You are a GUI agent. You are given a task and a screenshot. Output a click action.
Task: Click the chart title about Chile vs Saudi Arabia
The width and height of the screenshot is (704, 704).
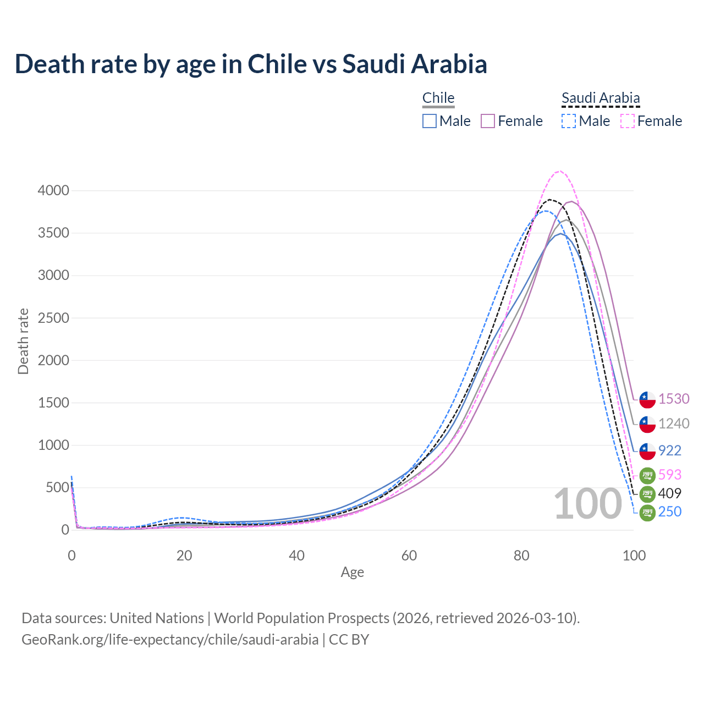click(x=251, y=64)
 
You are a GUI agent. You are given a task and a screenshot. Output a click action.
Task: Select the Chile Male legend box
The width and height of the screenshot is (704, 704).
click(x=430, y=121)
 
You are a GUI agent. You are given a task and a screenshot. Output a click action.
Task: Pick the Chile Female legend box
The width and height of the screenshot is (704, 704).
click(x=488, y=121)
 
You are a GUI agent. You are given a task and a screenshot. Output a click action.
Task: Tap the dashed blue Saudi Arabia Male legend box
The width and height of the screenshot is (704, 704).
click(x=569, y=121)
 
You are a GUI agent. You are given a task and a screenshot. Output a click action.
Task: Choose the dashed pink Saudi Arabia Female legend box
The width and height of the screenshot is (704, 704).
click(x=627, y=121)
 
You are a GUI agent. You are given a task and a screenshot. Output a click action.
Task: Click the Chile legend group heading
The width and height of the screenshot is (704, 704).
click(x=438, y=98)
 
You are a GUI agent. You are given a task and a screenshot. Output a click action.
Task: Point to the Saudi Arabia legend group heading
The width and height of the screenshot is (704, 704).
click(x=601, y=98)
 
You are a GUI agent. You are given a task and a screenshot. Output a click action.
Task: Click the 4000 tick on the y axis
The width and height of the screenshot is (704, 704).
click(x=53, y=191)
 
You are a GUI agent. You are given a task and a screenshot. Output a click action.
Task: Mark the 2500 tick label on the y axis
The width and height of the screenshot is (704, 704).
click(x=53, y=318)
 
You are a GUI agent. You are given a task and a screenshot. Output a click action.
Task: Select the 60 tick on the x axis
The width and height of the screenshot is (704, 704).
click(x=409, y=555)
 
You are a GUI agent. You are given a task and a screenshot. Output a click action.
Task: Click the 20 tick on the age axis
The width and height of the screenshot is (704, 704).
click(x=184, y=555)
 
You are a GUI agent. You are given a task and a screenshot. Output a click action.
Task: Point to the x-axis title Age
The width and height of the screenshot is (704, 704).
click(x=353, y=573)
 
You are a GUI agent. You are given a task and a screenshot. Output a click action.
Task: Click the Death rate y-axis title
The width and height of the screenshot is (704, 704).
click(x=23, y=341)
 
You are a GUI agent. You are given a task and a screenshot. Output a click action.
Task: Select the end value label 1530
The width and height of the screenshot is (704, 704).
click(x=674, y=399)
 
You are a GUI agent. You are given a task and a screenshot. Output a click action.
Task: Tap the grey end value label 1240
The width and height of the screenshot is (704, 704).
click(x=674, y=424)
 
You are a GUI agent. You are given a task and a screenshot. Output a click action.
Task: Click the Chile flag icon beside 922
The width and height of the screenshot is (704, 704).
click(x=647, y=451)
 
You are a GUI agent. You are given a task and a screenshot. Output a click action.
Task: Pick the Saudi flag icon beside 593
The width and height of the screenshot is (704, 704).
click(x=647, y=475)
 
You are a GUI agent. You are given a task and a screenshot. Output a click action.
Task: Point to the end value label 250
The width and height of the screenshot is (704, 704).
click(x=670, y=512)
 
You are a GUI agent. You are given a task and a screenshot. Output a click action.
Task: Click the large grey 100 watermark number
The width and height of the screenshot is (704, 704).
click(x=587, y=504)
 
